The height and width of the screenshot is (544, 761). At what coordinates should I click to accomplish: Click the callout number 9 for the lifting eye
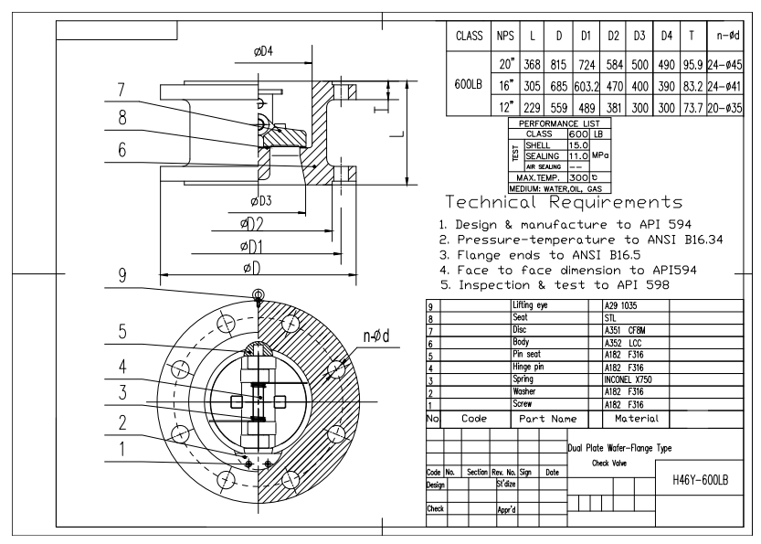122,273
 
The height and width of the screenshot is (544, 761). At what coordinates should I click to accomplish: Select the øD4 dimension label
263,51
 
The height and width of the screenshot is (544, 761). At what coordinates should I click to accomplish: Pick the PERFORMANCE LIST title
556,123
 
